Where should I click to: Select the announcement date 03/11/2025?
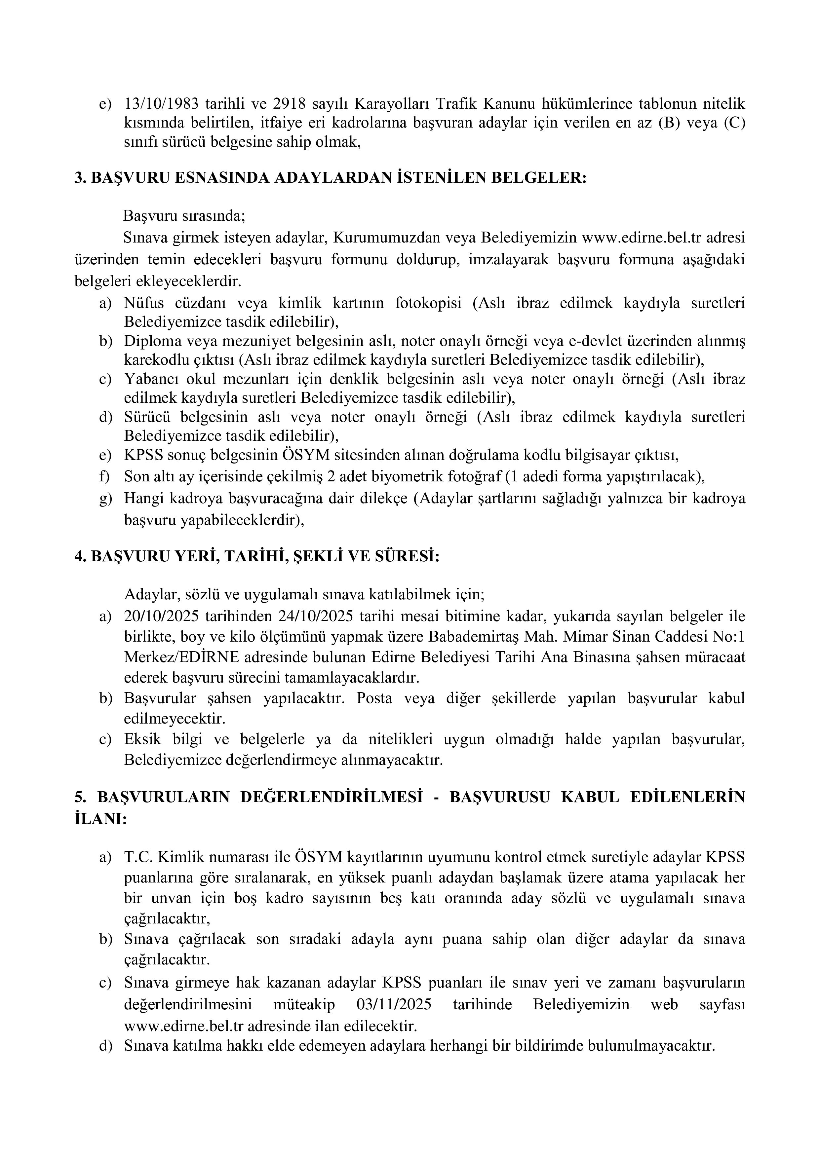click(x=394, y=1004)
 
